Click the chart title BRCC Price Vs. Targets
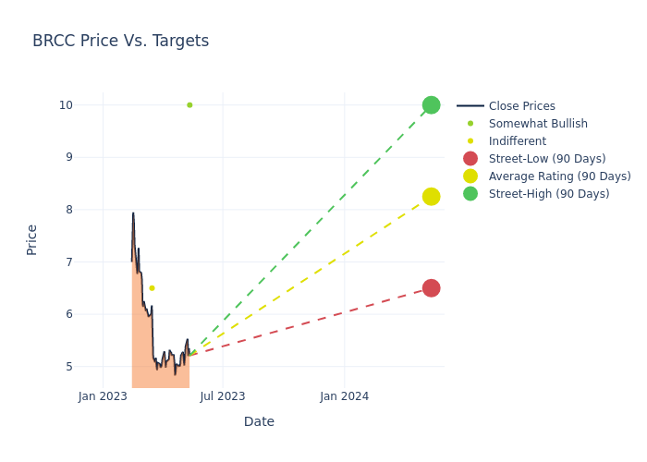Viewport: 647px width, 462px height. point(120,41)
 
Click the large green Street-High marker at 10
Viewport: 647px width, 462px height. point(431,105)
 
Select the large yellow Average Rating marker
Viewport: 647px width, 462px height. point(431,197)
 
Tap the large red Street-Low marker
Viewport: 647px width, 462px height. point(431,288)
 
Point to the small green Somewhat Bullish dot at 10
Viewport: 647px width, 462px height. point(189,105)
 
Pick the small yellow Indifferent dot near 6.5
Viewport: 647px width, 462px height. point(152,288)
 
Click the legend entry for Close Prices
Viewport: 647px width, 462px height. point(521,106)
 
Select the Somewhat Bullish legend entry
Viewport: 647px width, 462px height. point(538,124)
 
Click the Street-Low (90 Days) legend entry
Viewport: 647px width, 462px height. point(547,159)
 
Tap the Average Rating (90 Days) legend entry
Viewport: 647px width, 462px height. point(559,176)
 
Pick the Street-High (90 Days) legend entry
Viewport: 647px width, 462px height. point(549,194)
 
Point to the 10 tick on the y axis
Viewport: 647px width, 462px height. point(66,105)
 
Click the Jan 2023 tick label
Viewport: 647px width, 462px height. point(103,396)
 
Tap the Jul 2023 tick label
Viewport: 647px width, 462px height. point(223,396)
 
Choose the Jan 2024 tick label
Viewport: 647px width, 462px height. point(345,396)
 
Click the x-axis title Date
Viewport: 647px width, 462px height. point(259,421)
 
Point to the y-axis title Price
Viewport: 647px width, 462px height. point(32,239)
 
